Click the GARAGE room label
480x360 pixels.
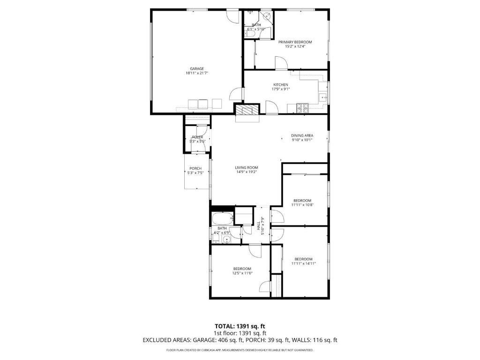[196, 68]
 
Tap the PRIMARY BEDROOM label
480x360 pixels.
[295, 42]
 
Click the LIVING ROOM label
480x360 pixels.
[246, 167]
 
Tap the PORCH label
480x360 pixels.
[195, 168]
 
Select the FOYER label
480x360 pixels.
[197, 137]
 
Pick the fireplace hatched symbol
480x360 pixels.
[247, 111]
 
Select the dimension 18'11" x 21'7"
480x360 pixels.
[196, 73]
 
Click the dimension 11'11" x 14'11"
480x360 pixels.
[303, 263]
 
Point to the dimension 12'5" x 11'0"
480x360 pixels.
[242, 273]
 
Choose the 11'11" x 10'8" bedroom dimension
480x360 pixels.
[302, 205]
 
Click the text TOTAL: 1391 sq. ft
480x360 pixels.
[240, 326]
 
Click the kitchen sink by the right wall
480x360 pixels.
[323, 97]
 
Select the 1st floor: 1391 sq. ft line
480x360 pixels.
[240, 333]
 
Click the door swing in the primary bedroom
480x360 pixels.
[280, 62]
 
